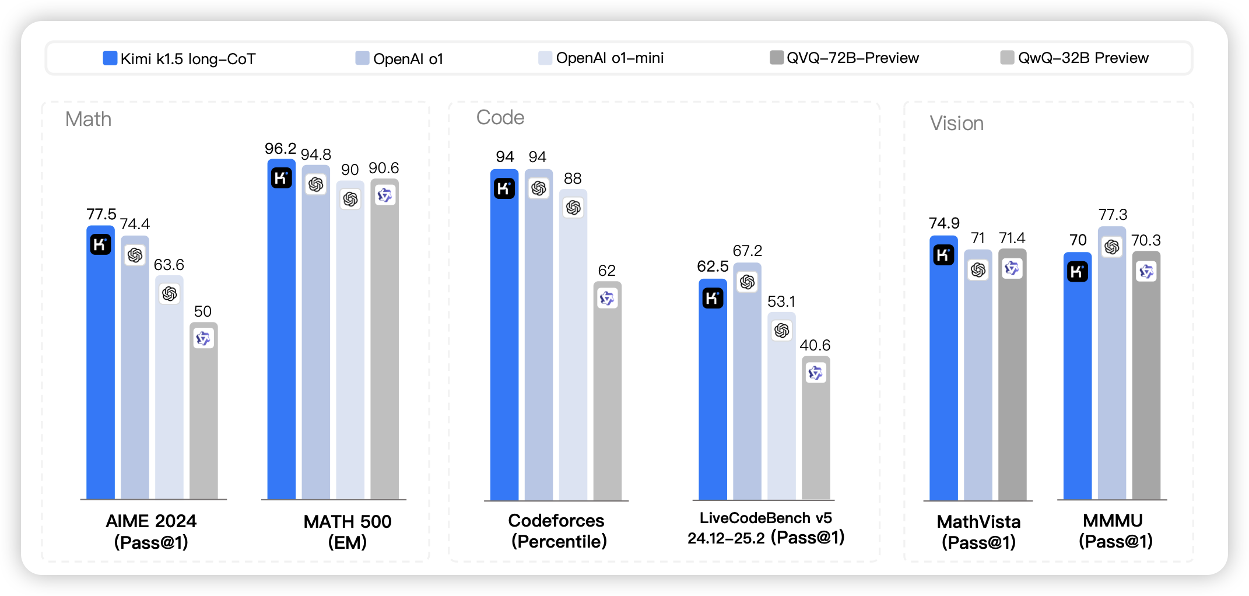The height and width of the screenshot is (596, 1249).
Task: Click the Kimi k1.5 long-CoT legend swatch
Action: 110,58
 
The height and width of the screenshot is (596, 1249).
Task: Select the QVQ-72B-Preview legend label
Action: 852,58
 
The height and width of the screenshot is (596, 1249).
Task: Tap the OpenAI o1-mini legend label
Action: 609,58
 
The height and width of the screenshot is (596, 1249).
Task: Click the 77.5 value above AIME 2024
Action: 101,214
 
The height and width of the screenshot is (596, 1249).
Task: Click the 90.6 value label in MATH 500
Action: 384,168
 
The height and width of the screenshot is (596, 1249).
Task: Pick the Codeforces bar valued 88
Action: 573,344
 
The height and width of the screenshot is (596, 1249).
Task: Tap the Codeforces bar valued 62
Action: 608,391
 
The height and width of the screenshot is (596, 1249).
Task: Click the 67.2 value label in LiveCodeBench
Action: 748,251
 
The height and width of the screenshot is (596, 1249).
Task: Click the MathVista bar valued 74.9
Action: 943,367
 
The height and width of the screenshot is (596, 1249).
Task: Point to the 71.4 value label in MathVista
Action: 1012,238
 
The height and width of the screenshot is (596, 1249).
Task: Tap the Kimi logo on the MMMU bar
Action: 1078,272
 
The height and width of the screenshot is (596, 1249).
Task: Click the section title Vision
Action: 956,123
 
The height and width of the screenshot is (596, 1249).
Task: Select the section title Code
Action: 500,117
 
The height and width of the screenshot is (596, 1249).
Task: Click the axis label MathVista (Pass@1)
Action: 978,531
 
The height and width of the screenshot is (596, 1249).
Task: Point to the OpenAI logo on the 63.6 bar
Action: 170,293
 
